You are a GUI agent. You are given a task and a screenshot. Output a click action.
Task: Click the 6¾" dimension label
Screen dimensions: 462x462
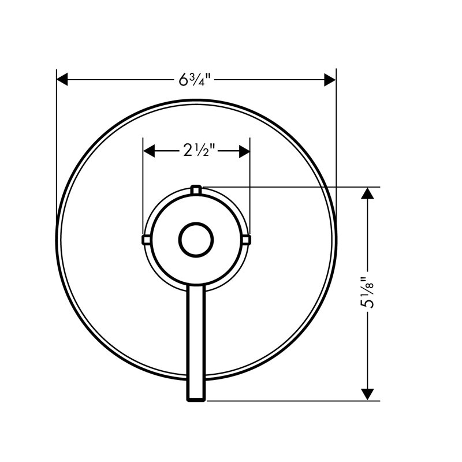pos(195,79)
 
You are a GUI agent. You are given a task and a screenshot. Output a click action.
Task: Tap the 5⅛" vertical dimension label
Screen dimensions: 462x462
pos(367,292)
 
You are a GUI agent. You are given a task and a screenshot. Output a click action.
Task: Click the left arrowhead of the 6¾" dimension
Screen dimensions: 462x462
pos(62,80)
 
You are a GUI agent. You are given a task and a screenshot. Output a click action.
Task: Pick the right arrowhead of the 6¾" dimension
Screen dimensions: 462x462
pos(330,80)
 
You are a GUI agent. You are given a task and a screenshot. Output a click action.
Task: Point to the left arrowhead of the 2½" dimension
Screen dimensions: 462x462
pos(149,151)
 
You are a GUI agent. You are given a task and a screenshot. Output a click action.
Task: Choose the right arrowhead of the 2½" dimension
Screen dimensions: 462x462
pos(244,151)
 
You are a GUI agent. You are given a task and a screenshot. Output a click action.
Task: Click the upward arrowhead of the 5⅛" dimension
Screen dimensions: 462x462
pos(367,193)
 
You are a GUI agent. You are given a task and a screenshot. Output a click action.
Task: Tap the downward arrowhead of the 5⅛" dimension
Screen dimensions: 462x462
pos(367,394)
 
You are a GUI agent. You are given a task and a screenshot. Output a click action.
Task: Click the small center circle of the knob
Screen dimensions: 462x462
pos(196,240)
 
